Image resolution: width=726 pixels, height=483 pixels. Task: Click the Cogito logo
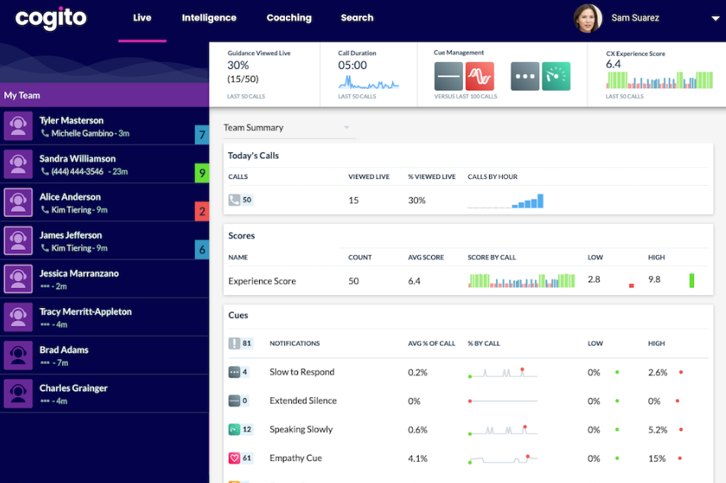[50, 18]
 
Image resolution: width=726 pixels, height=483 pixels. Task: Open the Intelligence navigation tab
[209, 18]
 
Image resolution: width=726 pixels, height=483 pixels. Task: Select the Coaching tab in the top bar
[289, 18]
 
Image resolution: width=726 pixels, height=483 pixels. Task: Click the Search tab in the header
[357, 18]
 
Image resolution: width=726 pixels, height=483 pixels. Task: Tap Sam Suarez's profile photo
[588, 18]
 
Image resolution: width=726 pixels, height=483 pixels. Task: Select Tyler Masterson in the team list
[71, 121]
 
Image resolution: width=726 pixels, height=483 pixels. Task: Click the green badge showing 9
[202, 173]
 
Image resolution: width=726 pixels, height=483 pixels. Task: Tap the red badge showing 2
[202, 212]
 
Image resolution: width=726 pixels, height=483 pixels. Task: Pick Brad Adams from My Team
[64, 350]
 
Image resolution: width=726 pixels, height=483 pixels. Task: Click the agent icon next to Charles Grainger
[18, 394]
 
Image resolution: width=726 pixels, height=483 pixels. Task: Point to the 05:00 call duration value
[352, 65]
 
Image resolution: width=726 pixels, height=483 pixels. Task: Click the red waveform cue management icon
[480, 76]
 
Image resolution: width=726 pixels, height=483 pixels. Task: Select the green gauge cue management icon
[556, 76]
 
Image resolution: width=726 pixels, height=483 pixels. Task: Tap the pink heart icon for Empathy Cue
[234, 458]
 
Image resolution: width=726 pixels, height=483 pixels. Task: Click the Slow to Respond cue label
[302, 372]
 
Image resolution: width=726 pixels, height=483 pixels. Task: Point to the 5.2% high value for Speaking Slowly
[657, 430]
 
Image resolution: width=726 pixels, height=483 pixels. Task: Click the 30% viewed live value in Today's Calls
[416, 200]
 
